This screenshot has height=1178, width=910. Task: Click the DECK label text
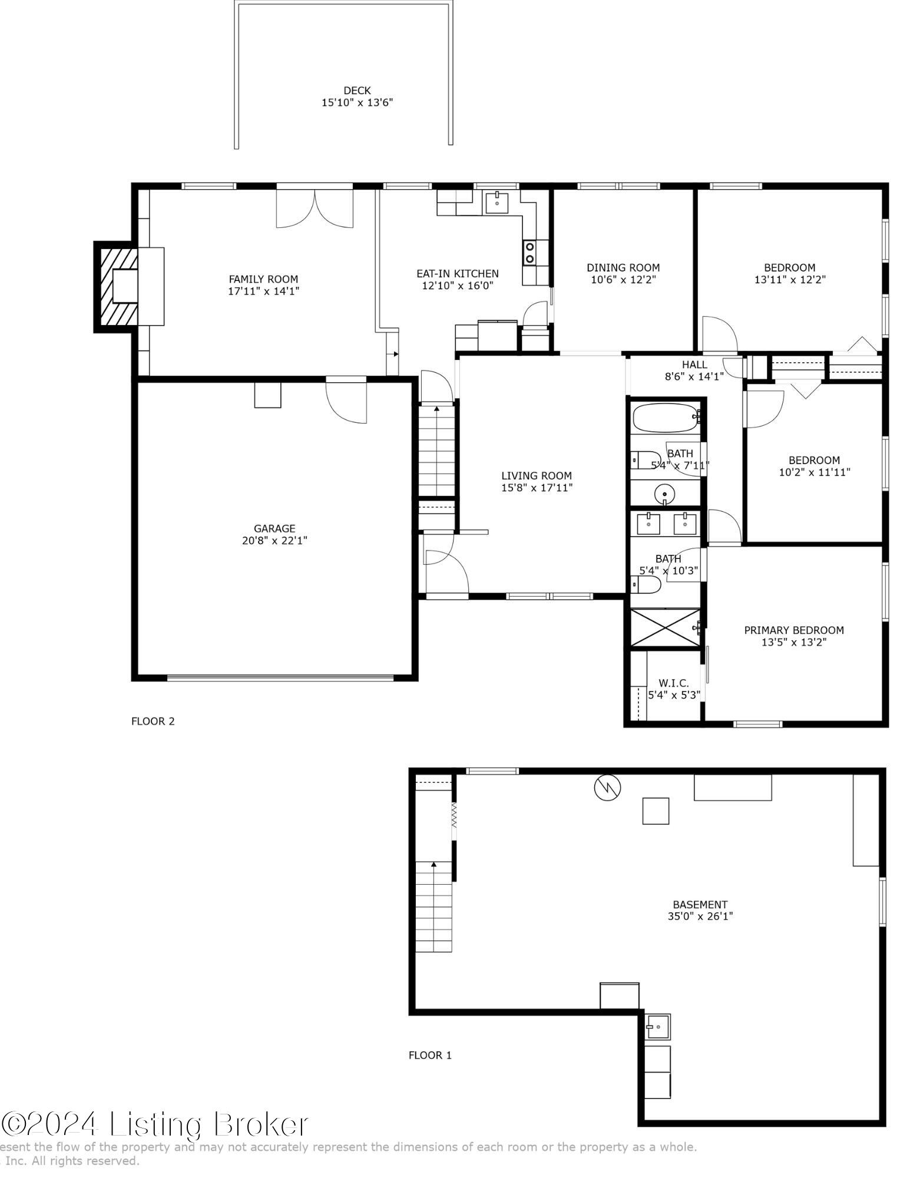pos(357,91)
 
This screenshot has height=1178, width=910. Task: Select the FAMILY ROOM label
pos(263,279)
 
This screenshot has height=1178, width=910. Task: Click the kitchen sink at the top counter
pos(497,202)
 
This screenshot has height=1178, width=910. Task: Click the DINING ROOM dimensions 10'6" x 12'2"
pos(623,279)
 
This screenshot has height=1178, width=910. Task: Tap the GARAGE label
pos(274,528)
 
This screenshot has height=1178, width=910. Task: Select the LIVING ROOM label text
pos(537,475)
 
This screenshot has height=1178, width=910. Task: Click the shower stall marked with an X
pos(666,628)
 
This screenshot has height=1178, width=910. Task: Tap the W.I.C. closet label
pos(674,683)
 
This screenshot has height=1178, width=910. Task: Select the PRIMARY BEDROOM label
pos(794,630)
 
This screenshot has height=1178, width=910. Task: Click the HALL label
pos(694,365)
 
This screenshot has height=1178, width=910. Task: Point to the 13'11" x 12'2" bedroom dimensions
pos(790,279)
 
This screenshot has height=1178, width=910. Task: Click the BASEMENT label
pos(700,904)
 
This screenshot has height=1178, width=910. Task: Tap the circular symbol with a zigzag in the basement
pos(607,788)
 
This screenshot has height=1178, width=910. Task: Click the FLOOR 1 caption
pos(430,1055)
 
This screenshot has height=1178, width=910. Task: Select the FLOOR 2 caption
pos(153,721)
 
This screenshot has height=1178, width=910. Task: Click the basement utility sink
pos(657,1026)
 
